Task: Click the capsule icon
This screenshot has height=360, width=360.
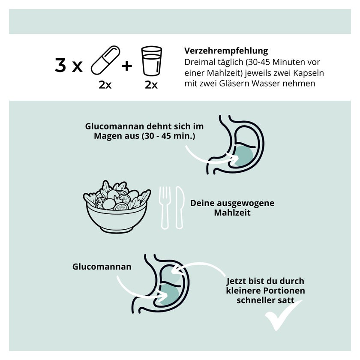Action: click(105, 60)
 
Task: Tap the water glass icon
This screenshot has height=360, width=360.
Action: click(152, 61)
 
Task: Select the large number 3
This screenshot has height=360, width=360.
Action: click(60, 65)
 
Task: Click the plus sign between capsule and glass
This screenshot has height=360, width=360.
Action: click(127, 66)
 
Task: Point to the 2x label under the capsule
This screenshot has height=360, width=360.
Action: click(105, 85)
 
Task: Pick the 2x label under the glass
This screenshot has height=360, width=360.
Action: click(151, 85)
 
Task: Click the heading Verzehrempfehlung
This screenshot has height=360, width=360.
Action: click(226, 51)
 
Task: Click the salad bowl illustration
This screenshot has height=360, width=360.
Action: click(117, 207)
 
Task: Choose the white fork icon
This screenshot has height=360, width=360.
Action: click(165, 207)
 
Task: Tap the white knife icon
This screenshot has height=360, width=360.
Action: click(180, 207)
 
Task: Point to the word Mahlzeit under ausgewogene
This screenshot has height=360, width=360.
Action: click(232, 213)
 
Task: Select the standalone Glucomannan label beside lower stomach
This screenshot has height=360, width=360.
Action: click(102, 267)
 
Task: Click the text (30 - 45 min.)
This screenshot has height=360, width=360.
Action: click(168, 136)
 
